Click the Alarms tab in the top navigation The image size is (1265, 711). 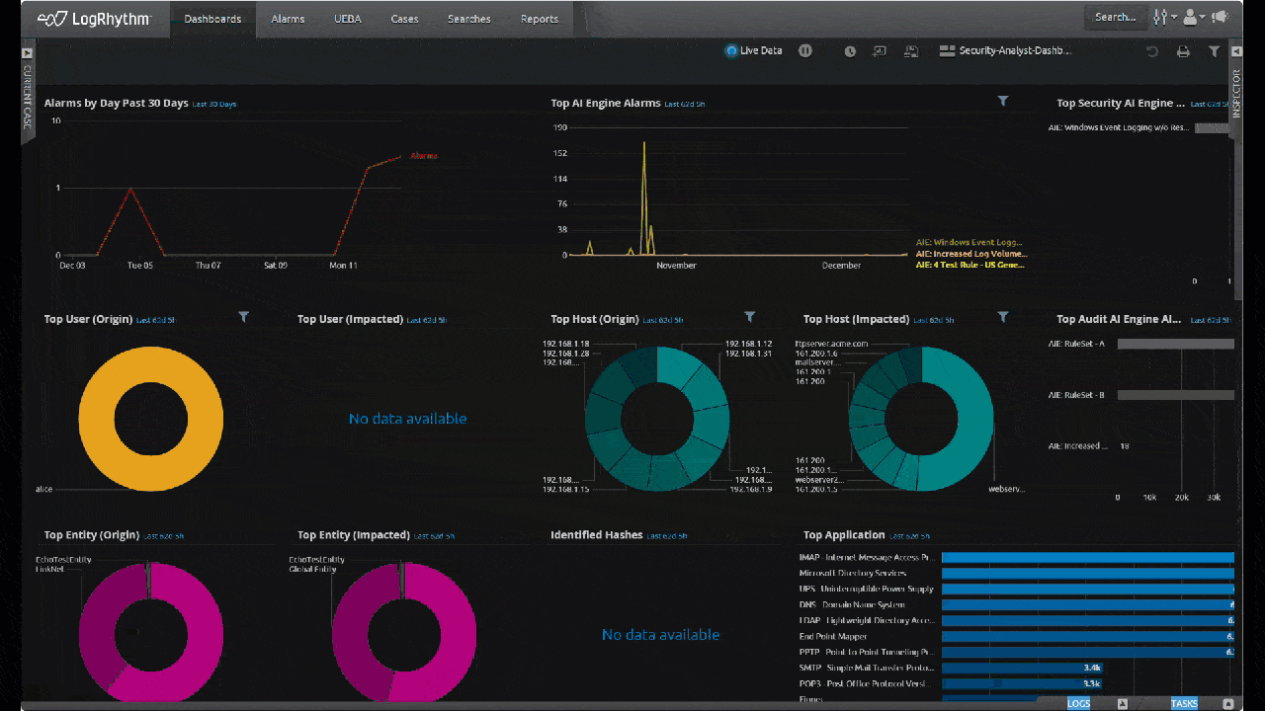point(288,19)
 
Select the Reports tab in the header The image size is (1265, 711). point(539,19)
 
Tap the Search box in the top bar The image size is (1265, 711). point(1115,17)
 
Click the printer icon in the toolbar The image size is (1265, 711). point(1182,51)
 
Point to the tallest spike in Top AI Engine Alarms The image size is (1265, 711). point(644,144)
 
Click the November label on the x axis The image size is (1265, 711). point(676,266)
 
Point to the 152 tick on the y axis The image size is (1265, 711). point(560,153)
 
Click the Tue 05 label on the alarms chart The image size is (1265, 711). point(140,266)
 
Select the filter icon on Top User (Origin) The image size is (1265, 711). point(244,317)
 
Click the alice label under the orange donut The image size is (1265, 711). point(43,489)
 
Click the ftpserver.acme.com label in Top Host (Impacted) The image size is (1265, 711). point(831,344)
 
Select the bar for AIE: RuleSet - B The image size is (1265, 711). point(1175,395)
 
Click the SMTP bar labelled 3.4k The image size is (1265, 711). point(1021,669)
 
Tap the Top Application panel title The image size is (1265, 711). point(843,535)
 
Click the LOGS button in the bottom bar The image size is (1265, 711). point(1078,703)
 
